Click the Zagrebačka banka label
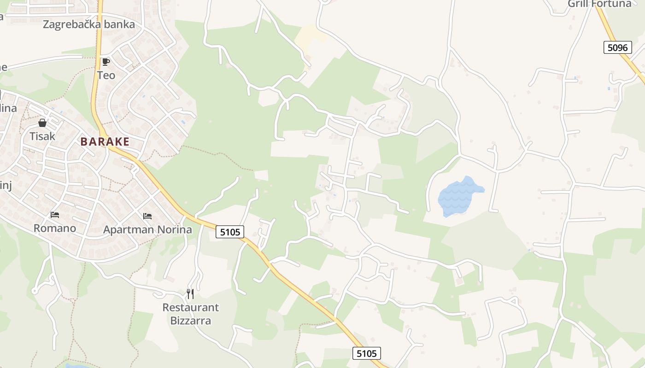[89, 24]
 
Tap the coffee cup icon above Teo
[106, 62]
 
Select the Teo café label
[106, 75]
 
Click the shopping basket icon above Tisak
[42, 123]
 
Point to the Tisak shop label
[42, 136]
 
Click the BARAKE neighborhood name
[105, 142]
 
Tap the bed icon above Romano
[55, 215]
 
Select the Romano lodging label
[55, 228]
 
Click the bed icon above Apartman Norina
[147, 216]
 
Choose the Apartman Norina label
[147, 229]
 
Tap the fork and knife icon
[190, 293]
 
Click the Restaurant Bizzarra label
[190, 314]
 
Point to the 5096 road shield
[617, 47]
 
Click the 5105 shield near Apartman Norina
[230, 232]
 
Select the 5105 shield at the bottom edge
[367, 353]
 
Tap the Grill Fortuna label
[599, 4]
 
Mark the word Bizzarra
[190, 321]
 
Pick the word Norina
[175, 229]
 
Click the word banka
[119, 24]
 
